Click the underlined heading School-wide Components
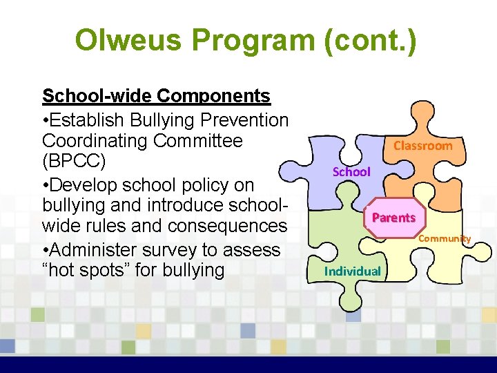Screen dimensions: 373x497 click(156, 95)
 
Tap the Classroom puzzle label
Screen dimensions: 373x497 click(422, 146)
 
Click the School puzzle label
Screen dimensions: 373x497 click(351, 171)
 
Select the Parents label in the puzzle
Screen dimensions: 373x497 click(393, 218)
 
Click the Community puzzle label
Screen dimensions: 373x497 click(445, 238)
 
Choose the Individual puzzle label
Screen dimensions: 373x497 click(353, 271)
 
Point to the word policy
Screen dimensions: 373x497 click(211, 185)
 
